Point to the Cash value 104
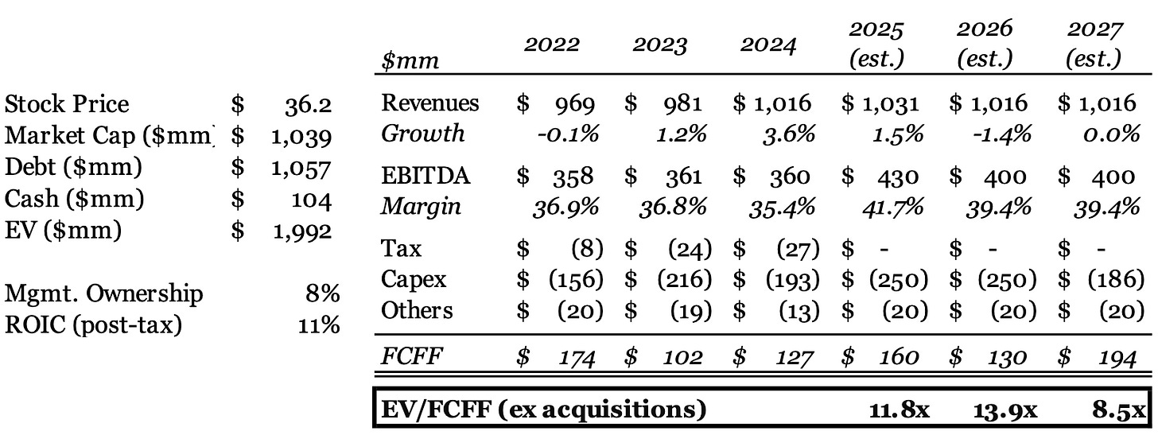(314, 200)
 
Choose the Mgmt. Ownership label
(104, 293)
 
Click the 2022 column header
(552, 46)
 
